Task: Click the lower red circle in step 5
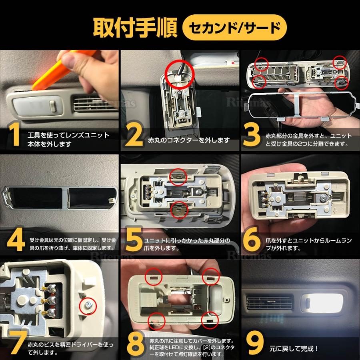[x=178, y=209]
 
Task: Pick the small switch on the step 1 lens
[x=53, y=106]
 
